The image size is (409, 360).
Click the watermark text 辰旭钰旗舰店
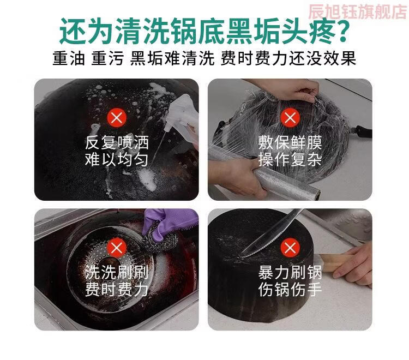(358, 12)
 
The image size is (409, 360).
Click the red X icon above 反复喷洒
(117, 118)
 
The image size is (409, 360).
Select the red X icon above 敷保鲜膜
(290, 118)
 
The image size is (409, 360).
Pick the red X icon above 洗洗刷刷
(117, 247)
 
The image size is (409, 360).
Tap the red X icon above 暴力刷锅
(290, 247)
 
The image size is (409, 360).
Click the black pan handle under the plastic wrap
(364, 132)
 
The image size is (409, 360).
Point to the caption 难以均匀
(117, 159)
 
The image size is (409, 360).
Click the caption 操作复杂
(290, 159)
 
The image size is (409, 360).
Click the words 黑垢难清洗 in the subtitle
(172, 58)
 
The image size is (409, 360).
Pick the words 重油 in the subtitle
(69, 58)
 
